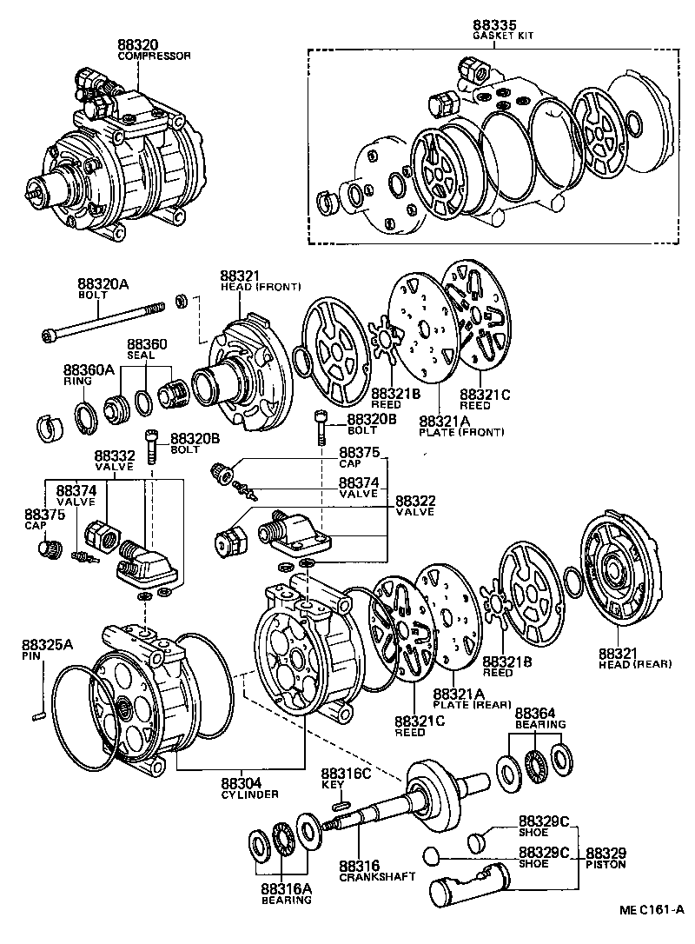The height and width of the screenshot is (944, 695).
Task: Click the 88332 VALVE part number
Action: coord(114,455)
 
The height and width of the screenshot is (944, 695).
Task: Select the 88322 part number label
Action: coord(415,501)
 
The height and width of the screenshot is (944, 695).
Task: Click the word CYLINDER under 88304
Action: coord(249,794)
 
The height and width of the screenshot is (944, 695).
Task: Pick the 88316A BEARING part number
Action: coord(284,888)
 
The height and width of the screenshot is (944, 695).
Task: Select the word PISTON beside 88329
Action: coord(606,865)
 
